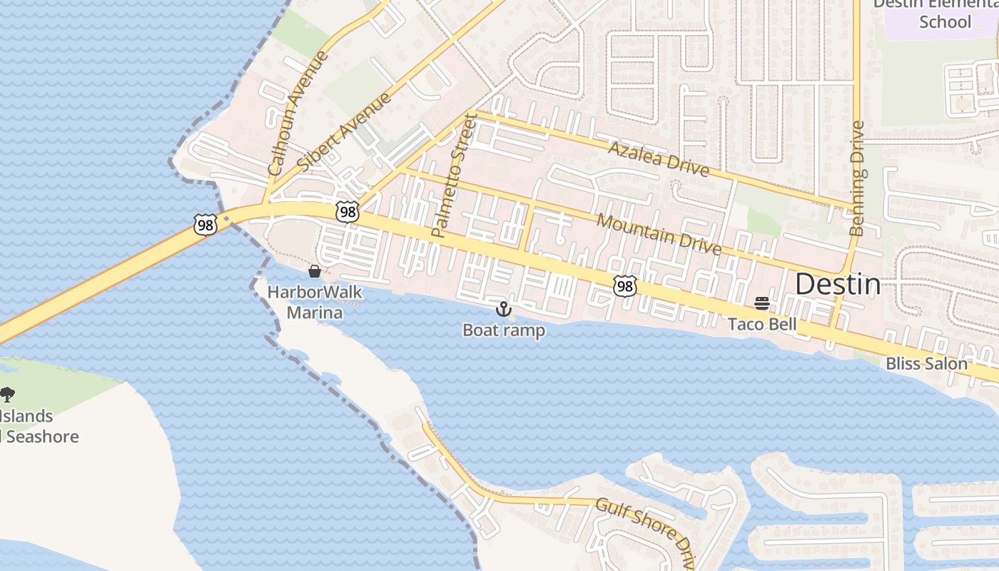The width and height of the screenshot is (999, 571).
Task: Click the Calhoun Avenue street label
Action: [298, 113]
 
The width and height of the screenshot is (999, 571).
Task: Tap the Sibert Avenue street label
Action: [345, 131]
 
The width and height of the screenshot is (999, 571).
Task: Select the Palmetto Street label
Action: [454, 175]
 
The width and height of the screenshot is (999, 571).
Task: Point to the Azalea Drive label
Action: [658, 158]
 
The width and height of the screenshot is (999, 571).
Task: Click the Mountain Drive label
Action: [659, 233]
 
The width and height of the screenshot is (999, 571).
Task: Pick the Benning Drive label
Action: [858, 178]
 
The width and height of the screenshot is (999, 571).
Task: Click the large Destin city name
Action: [838, 285]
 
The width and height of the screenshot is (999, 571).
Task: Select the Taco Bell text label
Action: [762, 325]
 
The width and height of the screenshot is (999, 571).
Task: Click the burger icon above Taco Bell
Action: [762, 304]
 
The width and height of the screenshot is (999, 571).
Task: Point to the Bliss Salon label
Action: [926, 364]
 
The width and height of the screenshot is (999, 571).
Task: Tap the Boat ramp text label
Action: [504, 330]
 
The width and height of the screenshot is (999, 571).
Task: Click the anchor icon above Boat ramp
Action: [504, 309]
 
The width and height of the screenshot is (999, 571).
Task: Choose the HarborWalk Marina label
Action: [315, 303]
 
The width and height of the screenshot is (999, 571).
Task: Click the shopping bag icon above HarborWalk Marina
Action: [314, 271]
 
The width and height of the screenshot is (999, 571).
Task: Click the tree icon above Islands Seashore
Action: [7, 395]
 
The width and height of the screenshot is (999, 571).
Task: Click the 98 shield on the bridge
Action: [204, 224]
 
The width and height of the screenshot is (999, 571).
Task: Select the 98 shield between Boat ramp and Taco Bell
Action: [624, 286]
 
